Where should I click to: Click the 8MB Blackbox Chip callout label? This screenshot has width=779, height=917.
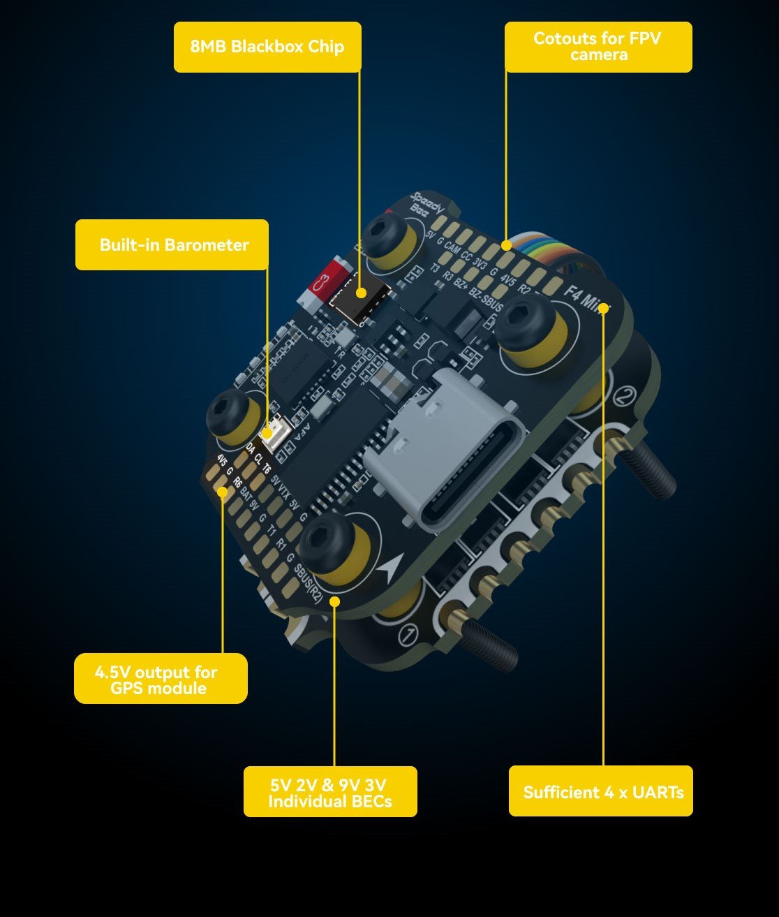coord(267,47)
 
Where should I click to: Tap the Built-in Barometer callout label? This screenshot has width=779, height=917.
coord(172,244)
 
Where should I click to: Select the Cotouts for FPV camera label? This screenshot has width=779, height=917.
coord(598,47)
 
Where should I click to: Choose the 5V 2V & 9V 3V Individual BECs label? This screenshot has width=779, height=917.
coord(330,792)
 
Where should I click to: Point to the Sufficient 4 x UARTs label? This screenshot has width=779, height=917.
coord(601,791)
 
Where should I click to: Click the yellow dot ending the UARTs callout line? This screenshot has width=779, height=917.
coord(603,307)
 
